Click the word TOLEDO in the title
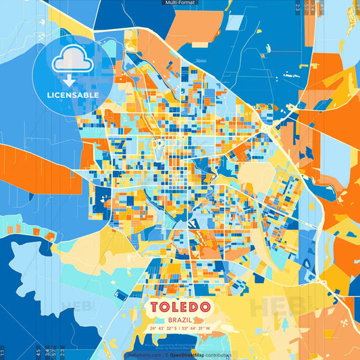[180, 307]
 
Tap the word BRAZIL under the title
[180, 319]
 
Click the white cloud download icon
[72, 61]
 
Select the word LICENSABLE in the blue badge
[72, 94]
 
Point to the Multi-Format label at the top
[180, 3]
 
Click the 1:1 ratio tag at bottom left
[3, 353]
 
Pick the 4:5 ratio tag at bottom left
[38, 353]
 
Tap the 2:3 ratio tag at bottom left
[63, 353]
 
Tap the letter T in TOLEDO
[155, 307]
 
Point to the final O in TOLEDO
[205, 307]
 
